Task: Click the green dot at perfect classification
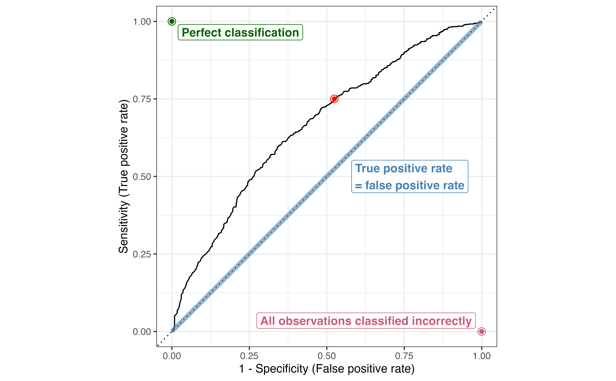[172, 21]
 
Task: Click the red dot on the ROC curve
[334, 99]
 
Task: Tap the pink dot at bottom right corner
[481, 331]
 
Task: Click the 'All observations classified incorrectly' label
[366, 321]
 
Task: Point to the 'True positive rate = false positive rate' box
[410, 177]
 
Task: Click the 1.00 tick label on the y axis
[142, 22]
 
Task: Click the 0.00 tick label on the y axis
[142, 332]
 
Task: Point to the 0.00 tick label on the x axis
[172, 356]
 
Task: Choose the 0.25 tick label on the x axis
[249, 356]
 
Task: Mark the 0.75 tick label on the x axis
[404, 356]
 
